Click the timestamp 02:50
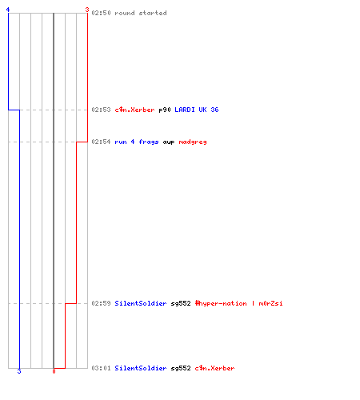point(101,13)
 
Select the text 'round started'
point(141,13)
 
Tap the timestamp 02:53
point(101,110)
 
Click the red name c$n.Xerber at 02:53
point(134,110)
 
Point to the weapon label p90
point(165,110)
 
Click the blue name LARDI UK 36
point(197,110)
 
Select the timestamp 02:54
point(101,142)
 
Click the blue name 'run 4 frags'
point(137,142)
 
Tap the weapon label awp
point(169,142)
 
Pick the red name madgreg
point(193,142)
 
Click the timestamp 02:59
point(101,303)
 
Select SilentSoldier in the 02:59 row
point(141,303)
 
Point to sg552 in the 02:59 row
point(181,303)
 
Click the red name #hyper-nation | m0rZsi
point(238,303)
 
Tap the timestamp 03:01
point(101,368)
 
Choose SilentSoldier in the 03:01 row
point(141,368)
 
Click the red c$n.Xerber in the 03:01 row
point(214,368)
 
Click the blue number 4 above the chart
point(8,10)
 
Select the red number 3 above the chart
point(87,10)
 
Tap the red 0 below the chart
point(54,371)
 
